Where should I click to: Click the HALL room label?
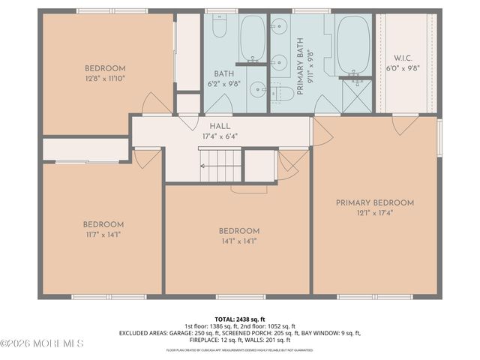pos(220,126)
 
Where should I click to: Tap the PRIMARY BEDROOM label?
pos(375,202)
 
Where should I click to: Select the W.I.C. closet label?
pos(403,58)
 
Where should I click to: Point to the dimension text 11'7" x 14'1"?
pos(103,234)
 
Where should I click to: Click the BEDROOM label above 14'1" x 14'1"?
pos(238,231)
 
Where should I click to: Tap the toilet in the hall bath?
pos(220,27)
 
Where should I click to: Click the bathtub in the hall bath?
pos(253,39)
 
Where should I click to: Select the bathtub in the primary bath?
pos(353,44)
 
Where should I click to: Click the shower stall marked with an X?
pos(356,95)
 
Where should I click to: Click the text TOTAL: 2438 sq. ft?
pos(240,319)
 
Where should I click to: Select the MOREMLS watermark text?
pos(43,343)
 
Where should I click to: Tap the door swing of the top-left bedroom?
pos(157,104)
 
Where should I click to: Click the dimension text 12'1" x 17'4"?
pos(375,212)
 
